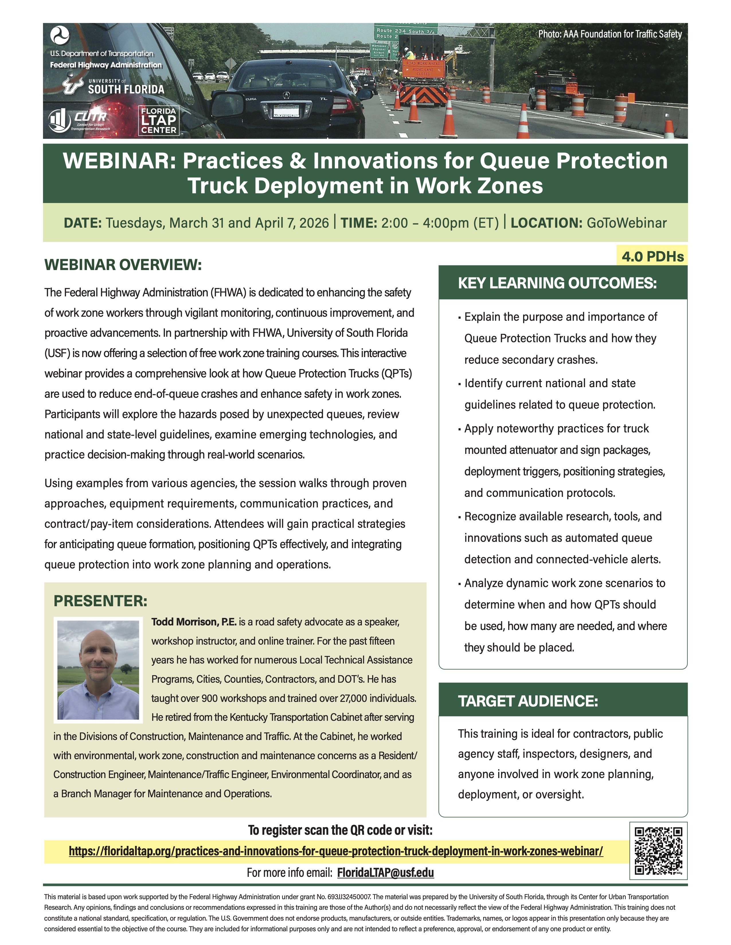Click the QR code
tap(658, 851)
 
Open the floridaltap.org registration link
tap(336, 851)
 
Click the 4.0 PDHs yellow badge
tap(652, 256)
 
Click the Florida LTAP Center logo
tap(159, 121)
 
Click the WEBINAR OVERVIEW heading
tap(123, 265)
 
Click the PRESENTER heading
tap(100, 601)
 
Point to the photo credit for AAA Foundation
tap(610, 34)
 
